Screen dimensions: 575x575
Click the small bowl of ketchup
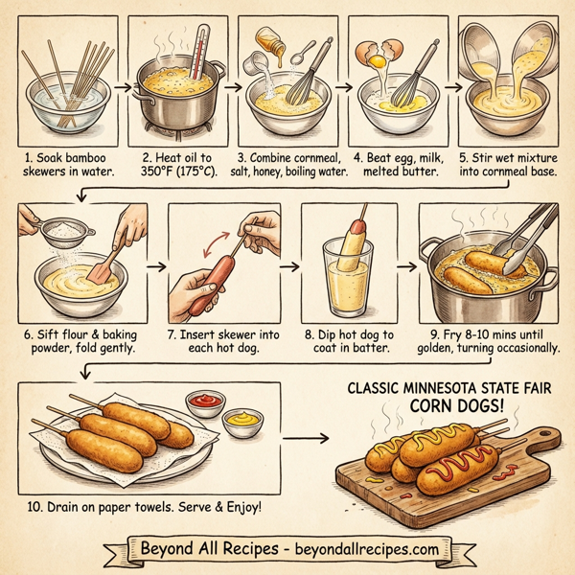205,400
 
